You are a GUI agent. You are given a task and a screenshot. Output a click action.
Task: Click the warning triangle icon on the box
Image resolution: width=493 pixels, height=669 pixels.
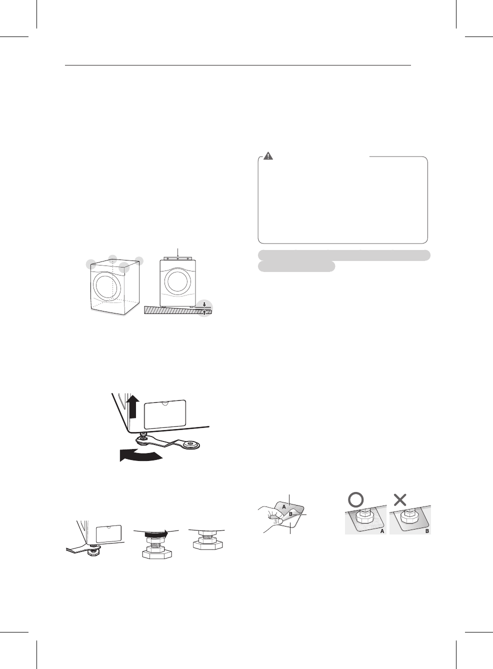click(x=268, y=156)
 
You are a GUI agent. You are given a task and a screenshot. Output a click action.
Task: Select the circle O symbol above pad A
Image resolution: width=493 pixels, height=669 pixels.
click(x=355, y=499)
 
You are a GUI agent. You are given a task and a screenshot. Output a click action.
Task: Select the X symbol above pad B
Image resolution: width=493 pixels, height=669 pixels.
click(x=400, y=499)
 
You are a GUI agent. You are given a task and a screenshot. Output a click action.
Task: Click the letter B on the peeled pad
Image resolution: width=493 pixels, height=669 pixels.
click(x=290, y=514)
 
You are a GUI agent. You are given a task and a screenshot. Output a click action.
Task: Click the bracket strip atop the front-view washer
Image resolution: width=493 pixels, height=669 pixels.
click(x=177, y=258)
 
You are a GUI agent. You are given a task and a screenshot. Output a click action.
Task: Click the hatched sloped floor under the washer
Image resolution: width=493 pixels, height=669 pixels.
click(x=170, y=310)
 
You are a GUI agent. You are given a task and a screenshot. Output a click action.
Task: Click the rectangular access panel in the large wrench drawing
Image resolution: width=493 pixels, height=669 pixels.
click(x=165, y=414)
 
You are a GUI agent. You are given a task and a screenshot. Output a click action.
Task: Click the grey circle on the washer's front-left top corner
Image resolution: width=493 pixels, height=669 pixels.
click(x=91, y=264)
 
